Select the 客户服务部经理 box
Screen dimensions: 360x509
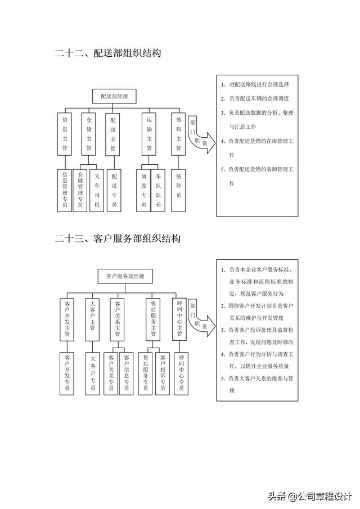[x=125, y=276]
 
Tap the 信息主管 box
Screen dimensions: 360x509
[x=65, y=134]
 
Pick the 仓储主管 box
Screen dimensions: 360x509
[x=88, y=134]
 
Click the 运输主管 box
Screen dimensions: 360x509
[x=149, y=134]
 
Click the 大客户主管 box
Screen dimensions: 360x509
[x=93, y=318]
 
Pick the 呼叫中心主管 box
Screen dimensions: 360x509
[x=181, y=318]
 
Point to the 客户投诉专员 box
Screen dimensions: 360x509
[x=163, y=373]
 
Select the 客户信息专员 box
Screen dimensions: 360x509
[x=126, y=373]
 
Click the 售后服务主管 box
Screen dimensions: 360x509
[x=153, y=318]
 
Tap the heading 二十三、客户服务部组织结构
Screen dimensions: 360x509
[x=118, y=238]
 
